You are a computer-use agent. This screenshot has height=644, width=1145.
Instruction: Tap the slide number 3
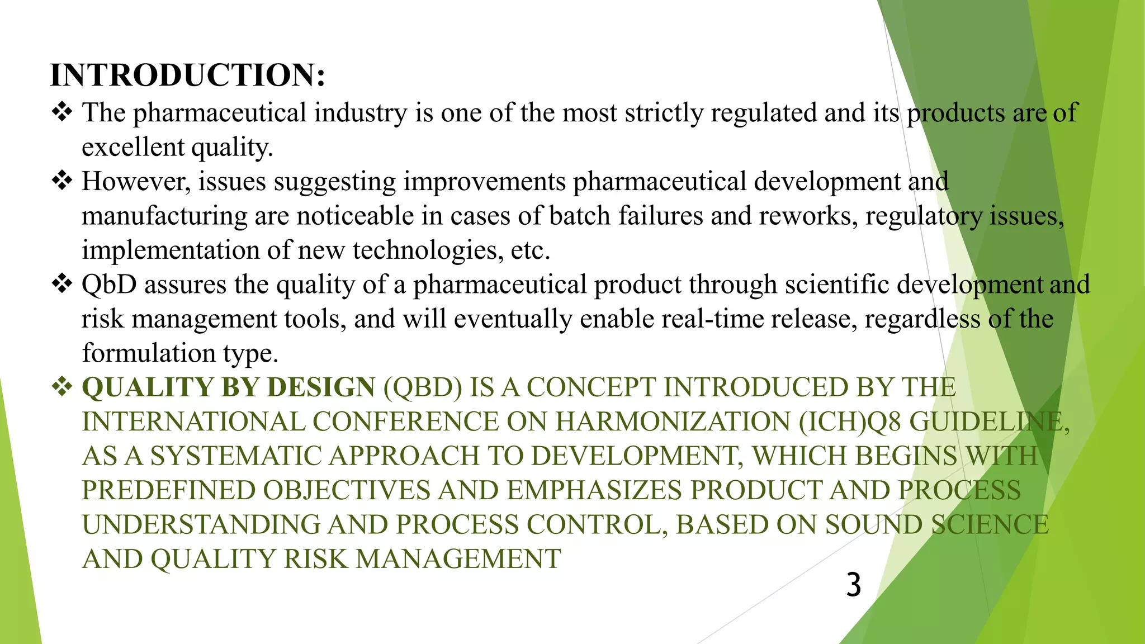pyautogui.click(x=853, y=585)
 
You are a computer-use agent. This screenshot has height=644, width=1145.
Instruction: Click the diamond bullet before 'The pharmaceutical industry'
pyautogui.click(x=62, y=112)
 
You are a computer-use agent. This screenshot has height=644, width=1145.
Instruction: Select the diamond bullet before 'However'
pyautogui.click(x=62, y=181)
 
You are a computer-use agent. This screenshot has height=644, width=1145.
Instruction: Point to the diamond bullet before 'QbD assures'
pyautogui.click(x=62, y=283)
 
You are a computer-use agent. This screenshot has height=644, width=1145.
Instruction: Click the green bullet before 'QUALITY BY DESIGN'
pyautogui.click(x=62, y=386)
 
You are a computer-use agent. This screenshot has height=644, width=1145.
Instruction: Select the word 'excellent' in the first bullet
pyautogui.click(x=133, y=148)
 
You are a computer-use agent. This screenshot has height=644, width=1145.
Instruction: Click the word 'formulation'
pyautogui.click(x=149, y=353)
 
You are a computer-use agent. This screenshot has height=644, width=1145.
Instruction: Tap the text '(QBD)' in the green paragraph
pyautogui.click(x=423, y=387)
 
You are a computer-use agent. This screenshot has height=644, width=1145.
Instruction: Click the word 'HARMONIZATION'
pyautogui.click(x=673, y=422)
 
